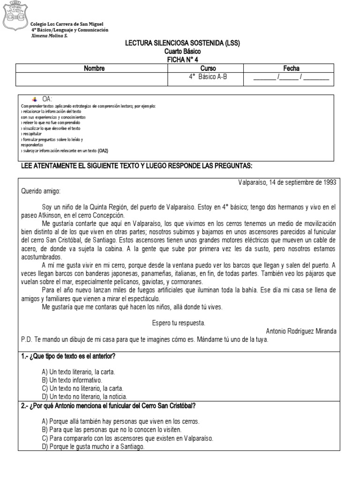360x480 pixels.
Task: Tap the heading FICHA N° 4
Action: click(x=182, y=60)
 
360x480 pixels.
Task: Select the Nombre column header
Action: click(x=95, y=68)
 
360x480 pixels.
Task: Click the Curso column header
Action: click(x=208, y=68)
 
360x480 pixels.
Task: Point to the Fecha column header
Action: click(x=291, y=68)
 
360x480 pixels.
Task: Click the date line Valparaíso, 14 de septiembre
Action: click(x=287, y=182)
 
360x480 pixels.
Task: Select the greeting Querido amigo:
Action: click(x=41, y=191)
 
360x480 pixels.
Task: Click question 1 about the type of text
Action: click(x=68, y=356)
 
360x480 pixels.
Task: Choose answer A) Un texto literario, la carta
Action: click(x=78, y=372)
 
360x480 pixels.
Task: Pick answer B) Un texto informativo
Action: click(x=72, y=380)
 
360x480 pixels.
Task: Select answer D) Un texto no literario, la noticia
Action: click(x=84, y=396)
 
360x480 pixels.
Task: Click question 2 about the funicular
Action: click(x=108, y=405)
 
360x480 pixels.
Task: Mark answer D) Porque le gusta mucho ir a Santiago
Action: click(x=93, y=446)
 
